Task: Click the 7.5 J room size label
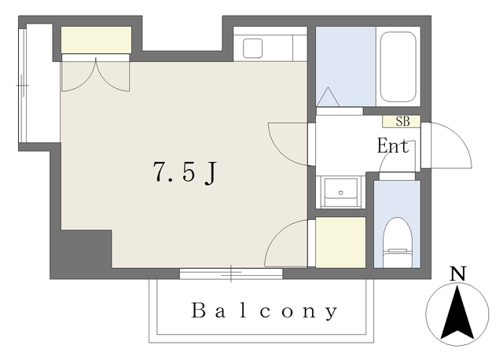point(185,172)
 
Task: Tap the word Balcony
point(265,310)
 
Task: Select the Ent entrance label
point(393,146)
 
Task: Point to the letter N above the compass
point(457,274)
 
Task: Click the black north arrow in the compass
point(457,313)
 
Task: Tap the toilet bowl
point(398,242)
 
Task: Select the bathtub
point(398,67)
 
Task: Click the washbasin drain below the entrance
point(340,193)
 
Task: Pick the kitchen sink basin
point(253,49)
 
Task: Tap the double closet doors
point(96,75)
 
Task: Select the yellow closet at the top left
point(96,40)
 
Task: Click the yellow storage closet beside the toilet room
point(340,242)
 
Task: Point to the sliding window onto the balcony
point(231,274)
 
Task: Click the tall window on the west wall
point(23,86)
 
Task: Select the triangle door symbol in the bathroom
point(328,97)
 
